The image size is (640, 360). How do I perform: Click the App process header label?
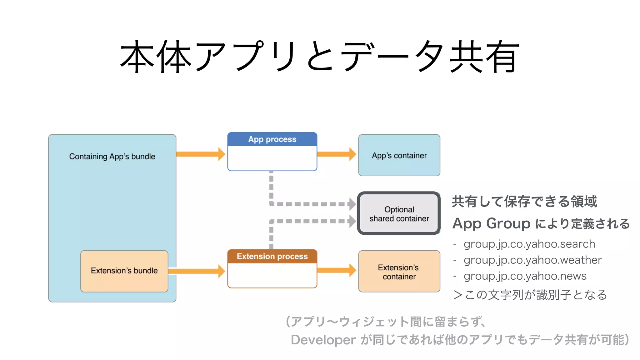coord(272,139)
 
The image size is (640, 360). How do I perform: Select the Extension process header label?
coord(272,256)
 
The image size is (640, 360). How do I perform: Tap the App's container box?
coord(399,155)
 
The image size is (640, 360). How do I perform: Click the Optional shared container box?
coord(399,214)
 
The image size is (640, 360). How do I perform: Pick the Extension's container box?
coord(399,272)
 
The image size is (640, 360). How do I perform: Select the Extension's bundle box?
coord(124,271)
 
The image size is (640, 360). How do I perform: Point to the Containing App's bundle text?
coord(112,157)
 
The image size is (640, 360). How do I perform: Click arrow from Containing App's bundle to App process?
coord(200,154)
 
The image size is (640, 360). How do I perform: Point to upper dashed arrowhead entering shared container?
coord(352,204)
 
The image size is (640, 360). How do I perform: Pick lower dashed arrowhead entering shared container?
coord(352,221)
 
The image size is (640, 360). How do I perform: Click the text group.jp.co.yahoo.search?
coord(529,244)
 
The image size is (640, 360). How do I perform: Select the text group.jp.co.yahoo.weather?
coord(532,260)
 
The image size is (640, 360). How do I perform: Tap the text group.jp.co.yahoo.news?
coord(525,276)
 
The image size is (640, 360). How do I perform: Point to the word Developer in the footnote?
coord(323,340)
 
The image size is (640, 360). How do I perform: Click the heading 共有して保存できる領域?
coord(524,202)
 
